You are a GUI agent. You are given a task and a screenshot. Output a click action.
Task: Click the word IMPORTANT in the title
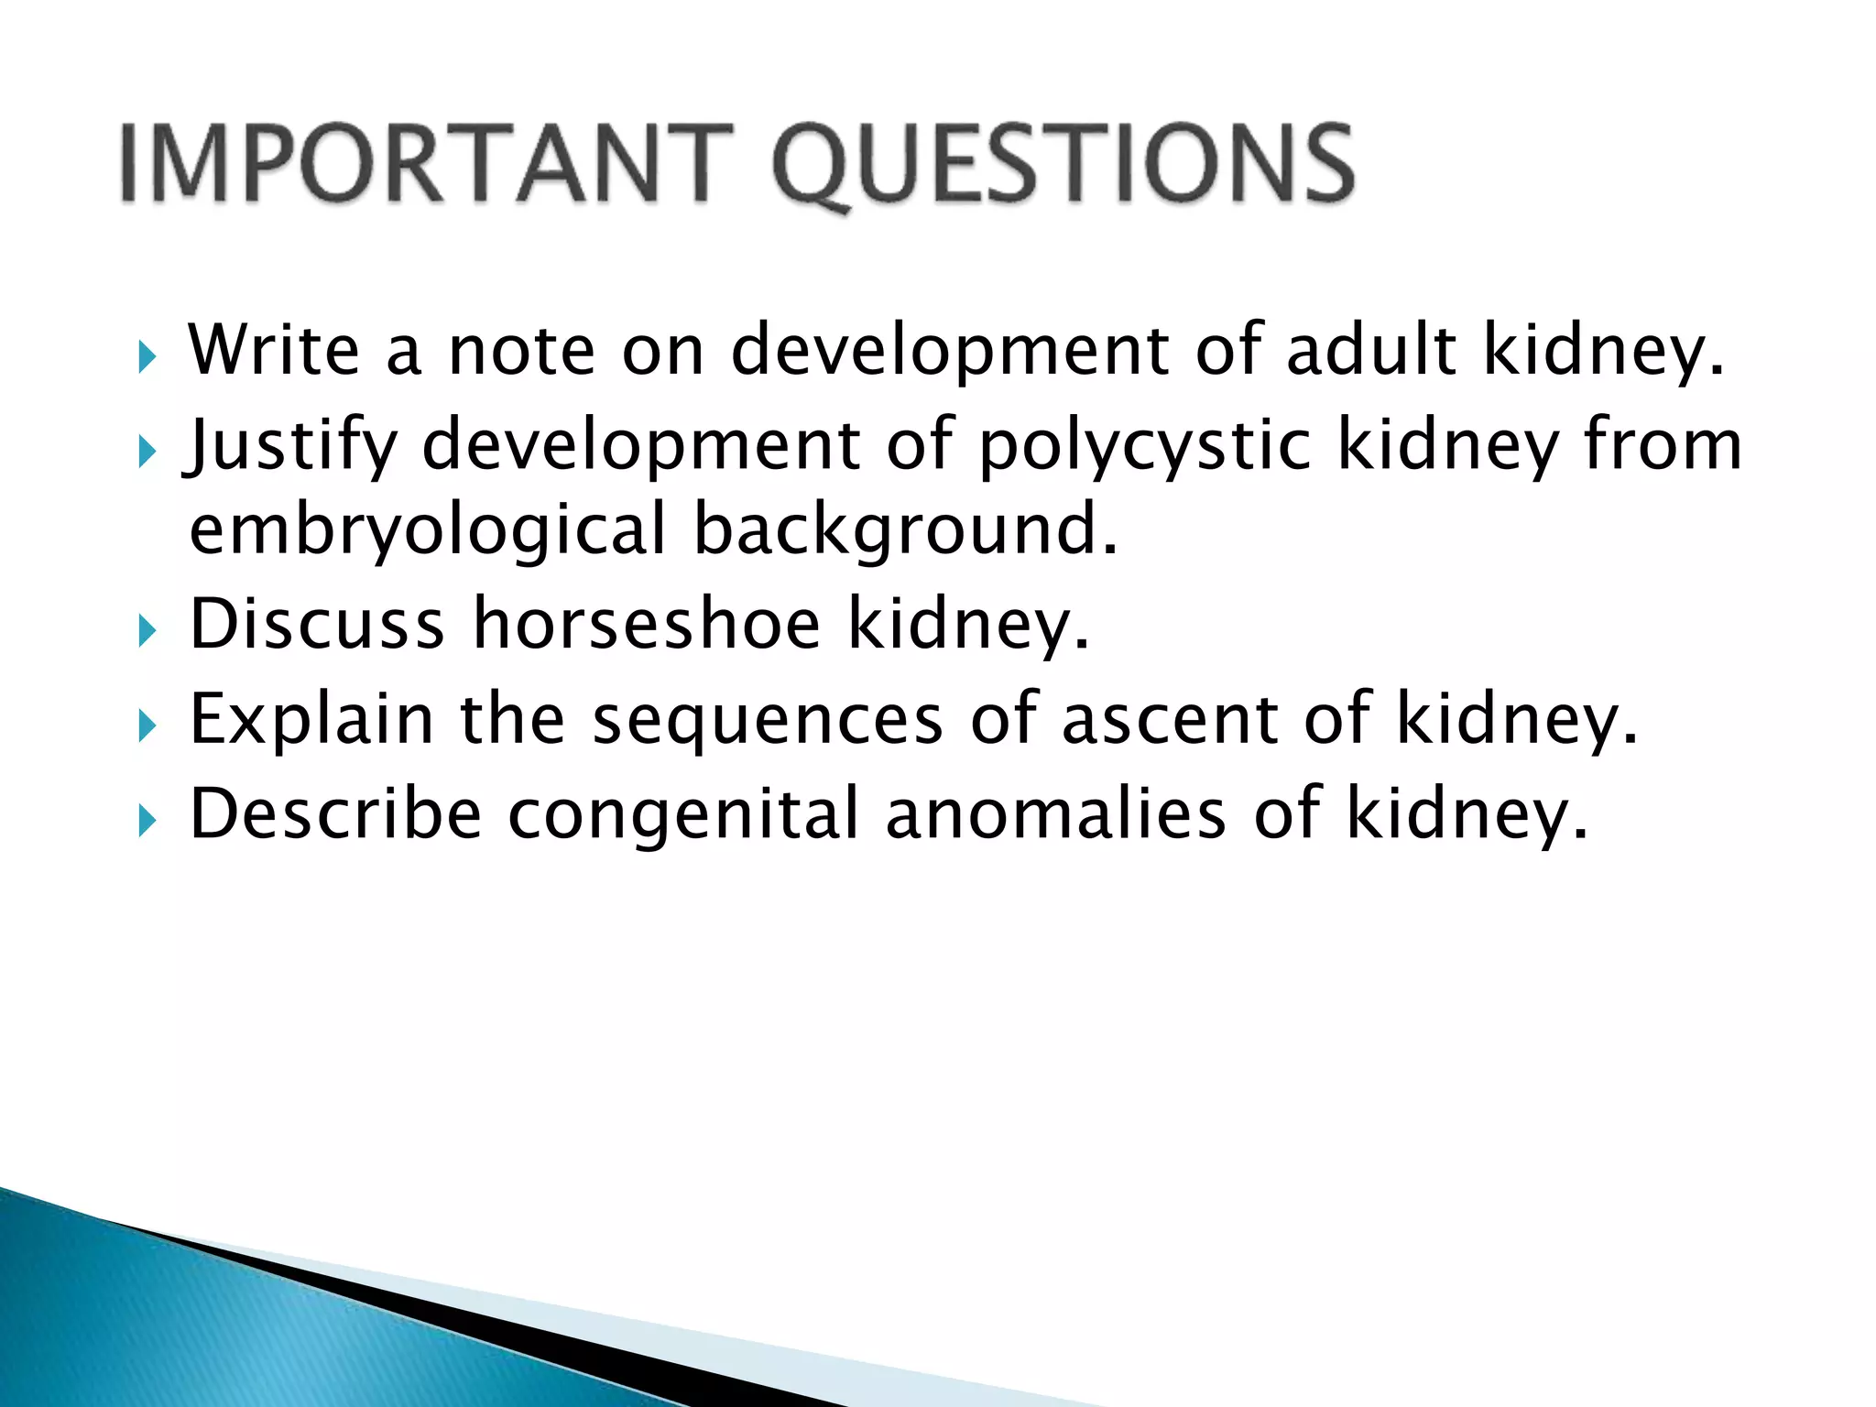pyautogui.click(x=427, y=165)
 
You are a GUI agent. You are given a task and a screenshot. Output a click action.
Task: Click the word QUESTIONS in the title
pyautogui.click(x=1063, y=165)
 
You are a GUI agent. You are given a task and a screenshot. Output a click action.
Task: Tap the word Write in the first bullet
pyautogui.click(x=274, y=350)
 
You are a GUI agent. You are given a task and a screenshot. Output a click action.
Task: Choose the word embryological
pyautogui.click(x=427, y=529)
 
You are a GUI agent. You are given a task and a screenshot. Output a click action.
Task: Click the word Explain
pyautogui.click(x=311, y=720)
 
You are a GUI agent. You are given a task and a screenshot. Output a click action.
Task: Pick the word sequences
pyautogui.click(x=768, y=720)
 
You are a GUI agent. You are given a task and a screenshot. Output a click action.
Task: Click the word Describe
pyautogui.click(x=335, y=814)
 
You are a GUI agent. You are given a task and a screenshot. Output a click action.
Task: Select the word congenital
pyautogui.click(x=683, y=814)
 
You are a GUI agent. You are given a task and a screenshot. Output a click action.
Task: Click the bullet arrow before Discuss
pyautogui.click(x=147, y=631)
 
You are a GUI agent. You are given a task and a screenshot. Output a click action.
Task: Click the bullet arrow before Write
pyautogui.click(x=147, y=356)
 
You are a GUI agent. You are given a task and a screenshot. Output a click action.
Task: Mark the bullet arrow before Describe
pyautogui.click(x=147, y=821)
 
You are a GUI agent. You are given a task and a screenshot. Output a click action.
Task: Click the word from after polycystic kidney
pyautogui.click(x=1663, y=445)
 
